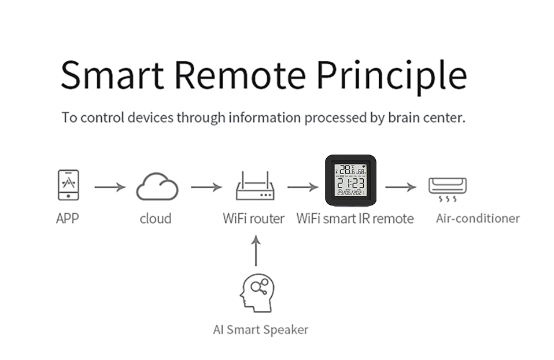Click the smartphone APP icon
click(68, 185)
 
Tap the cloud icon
click(157, 188)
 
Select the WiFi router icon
click(254, 187)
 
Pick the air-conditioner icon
click(447, 189)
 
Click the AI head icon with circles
click(257, 293)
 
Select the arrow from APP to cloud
click(110, 187)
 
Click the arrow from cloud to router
click(206, 187)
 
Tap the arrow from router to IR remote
click(302, 187)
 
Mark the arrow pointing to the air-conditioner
click(400, 187)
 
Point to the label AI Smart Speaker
click(260, 330)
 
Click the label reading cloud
click(156, 219)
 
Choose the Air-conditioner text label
click(478, 218)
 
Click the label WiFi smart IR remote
click(355, 219)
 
